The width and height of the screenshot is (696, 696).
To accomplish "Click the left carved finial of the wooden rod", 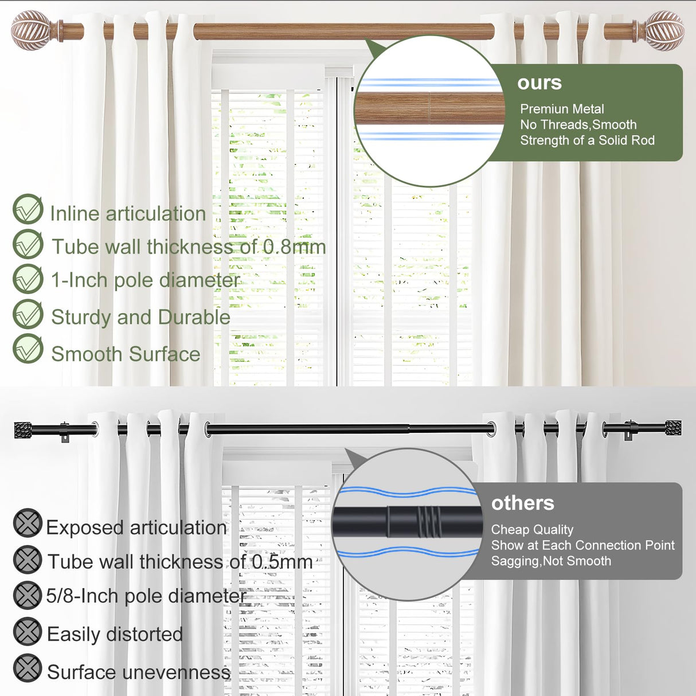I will pos(30,30).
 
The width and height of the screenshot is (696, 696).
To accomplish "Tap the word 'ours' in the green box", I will pos(539,83).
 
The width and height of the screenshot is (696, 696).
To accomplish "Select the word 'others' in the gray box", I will pos(522,503).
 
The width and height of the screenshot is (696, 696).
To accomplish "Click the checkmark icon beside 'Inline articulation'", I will pos(28,210).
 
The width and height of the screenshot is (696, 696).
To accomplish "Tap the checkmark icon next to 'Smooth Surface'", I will pos(28,349).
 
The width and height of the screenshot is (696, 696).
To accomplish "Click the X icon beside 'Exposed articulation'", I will pos(28,523).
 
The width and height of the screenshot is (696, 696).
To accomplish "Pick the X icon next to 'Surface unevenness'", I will pos(28,668).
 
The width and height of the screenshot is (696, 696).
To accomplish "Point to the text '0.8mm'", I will pos(294,247).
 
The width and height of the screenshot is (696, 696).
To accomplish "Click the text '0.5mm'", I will pos(282,562).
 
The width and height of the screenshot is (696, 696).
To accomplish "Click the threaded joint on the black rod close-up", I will pos(428,521).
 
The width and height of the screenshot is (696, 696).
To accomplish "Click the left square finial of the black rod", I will pos(23,430).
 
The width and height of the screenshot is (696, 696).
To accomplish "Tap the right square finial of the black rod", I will pos(673,428).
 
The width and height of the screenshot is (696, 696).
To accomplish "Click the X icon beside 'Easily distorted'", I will pos(28,632).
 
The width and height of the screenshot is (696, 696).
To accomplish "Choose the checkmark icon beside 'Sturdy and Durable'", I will pos(28,314).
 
